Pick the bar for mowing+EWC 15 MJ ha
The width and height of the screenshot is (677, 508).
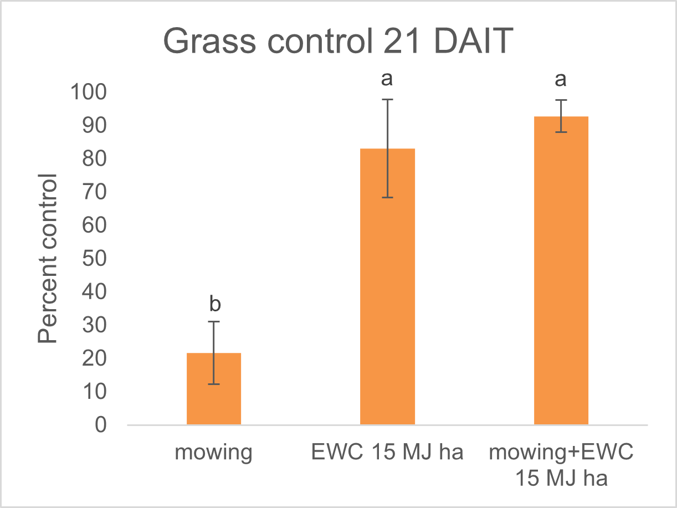click(x=561, y=271)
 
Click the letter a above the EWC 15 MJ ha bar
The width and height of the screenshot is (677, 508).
click(x=387, y=79)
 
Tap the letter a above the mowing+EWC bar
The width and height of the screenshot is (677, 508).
click(x=561, y=79)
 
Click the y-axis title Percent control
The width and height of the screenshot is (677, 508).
click(x=48, y=259)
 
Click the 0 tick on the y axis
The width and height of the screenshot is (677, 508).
click(x=100, y=425)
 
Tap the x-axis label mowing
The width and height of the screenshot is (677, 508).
click(x=213, y=453)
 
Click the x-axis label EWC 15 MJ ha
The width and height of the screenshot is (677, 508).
click(x=387, y=453)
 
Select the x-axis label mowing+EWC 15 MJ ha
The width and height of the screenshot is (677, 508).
click(x=561, y=465)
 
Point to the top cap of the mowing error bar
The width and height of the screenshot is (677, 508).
click(x=214, y=322)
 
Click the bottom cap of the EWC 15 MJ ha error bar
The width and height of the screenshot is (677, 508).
click(x=387, y=197)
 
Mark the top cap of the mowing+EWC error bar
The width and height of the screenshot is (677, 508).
click(x=561, y=100)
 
